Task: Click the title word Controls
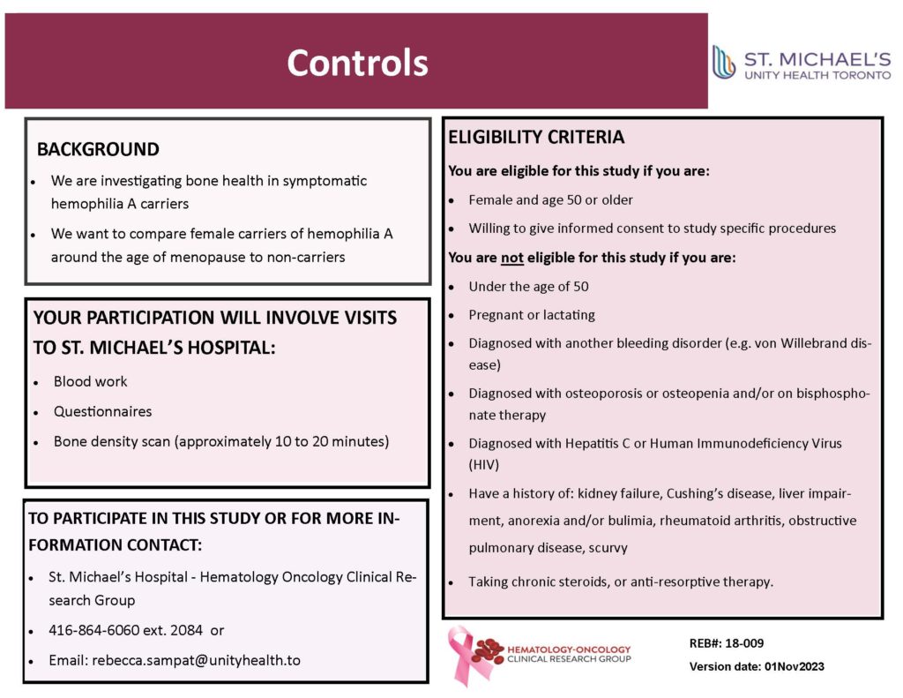coord(357,63)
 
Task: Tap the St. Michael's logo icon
coord(724,63)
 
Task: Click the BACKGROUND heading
coord(98,150)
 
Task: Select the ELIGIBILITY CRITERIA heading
coord(536,138)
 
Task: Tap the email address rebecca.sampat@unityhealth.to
coord(196,660)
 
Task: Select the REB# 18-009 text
coord(720,643)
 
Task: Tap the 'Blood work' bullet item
coord(90,381)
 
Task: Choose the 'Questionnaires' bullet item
coord(102,411)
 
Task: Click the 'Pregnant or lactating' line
coord(532,315)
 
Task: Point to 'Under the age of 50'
coord(528,287)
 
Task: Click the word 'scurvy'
coord(608,548)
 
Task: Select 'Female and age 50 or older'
coord(550,200)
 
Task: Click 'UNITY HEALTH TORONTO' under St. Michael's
coord(817,76)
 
